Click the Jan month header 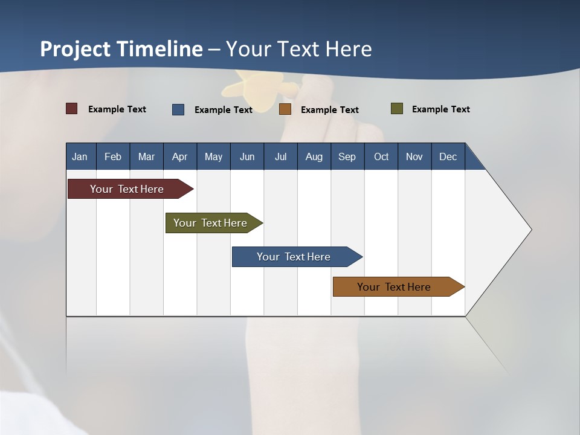coord(80,156)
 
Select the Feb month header coord(113,156)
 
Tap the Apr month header coord(179,156)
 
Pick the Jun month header coord(246,156)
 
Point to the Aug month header coord(314,156)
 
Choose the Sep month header coord(347,156)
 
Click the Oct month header coord(381,156)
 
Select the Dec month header coord(448,156)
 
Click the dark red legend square coord(72,109)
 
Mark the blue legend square coord(178,109)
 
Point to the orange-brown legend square coord(285,109)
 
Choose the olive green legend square coord(397,109)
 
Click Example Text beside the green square coord(440,109)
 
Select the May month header coord(213,156)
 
